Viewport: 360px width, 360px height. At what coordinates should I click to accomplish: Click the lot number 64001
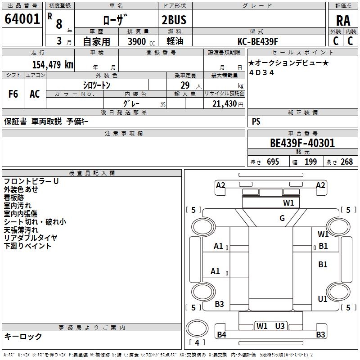22,19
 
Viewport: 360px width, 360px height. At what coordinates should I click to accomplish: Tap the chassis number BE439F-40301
302,143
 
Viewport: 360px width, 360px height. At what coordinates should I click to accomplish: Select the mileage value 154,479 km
53,64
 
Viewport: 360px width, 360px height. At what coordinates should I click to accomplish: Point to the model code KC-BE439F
257,41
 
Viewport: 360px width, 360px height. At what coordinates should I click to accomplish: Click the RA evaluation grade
343,21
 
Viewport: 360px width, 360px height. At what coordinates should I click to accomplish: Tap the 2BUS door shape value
174,20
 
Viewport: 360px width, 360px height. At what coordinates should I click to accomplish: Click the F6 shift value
13,94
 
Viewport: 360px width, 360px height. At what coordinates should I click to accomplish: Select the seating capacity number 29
185,85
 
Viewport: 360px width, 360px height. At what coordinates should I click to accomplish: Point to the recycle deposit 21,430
224,104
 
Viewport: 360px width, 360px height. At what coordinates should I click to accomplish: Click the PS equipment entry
256,121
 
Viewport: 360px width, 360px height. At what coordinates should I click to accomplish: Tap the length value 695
273,162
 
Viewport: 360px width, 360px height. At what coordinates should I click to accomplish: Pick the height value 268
346,162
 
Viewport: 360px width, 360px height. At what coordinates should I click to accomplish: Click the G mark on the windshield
282,218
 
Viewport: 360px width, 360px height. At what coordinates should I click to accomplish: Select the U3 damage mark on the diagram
280,326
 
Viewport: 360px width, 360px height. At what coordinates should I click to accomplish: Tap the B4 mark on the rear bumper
221,335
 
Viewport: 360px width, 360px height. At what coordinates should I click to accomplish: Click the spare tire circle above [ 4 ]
197,328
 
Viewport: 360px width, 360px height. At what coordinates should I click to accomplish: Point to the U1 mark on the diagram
323,299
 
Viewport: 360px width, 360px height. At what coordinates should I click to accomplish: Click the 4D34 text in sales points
261,72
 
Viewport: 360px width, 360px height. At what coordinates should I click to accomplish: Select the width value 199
310,162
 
